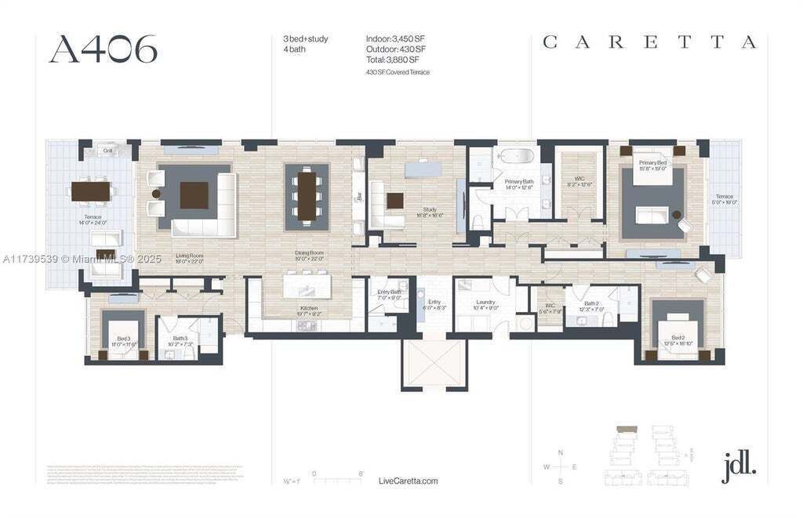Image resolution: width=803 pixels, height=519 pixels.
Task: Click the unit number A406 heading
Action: pos(103,49)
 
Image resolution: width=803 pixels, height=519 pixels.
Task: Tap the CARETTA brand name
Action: pos(649,43)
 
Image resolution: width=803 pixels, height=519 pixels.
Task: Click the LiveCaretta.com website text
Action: pos(408,481)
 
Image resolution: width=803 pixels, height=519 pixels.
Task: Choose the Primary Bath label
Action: pos(518,184)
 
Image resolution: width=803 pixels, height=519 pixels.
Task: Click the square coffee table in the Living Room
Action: pos(194,194)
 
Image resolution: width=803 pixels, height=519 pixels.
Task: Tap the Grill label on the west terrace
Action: pos(108,151)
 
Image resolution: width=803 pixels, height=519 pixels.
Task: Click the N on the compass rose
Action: pos(560,452)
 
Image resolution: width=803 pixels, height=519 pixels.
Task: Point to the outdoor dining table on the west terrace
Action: pos(91,191)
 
